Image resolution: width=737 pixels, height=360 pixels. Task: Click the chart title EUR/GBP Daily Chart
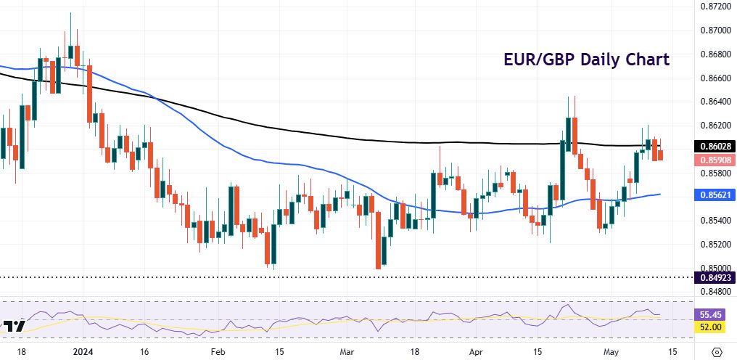pos(587,60)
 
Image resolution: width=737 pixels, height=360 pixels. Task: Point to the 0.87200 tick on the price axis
pos(715,7)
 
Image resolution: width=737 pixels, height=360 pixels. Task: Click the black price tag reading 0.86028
pos(715,146)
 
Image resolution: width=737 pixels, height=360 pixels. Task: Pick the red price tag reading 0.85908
pos(715,160)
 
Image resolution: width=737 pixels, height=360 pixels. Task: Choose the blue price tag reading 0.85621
pos(715,195)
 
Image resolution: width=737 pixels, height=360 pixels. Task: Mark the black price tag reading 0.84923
pos(715,277)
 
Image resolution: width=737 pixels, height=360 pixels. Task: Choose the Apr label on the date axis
pos(476,352)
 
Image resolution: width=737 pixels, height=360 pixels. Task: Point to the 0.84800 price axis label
pos(715,292)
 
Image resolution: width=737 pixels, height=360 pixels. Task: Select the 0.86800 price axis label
pos(715,54)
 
